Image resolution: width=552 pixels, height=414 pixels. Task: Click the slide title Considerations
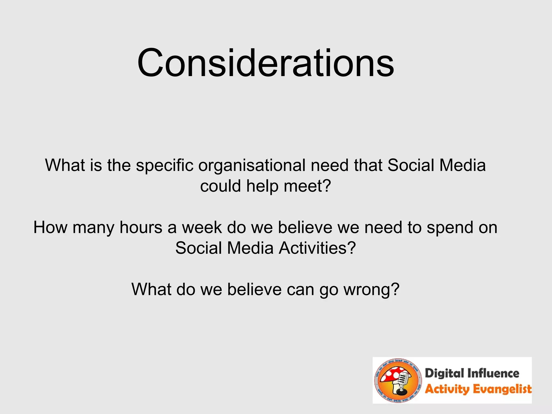pos(265,63)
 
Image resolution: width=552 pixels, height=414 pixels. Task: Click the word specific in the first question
pos(165,165)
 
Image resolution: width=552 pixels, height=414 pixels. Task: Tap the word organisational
pos(252,165)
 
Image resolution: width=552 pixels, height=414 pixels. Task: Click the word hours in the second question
pos(141,227)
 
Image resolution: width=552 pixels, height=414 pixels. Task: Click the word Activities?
pos(317,248)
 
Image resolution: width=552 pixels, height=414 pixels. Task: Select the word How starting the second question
pos(50,227)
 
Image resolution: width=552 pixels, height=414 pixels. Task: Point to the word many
pos(94,228)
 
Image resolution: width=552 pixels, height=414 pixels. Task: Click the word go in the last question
pos(329,290)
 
